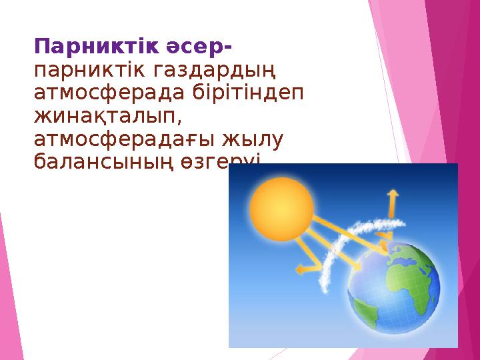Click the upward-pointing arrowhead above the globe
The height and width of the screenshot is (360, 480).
tap(393, 194)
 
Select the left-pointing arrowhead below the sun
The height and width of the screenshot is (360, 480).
tap(301, 269)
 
